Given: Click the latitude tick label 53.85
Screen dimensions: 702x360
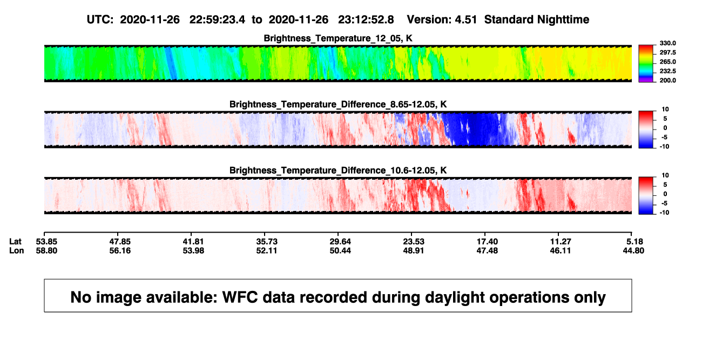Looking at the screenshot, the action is [46, 242].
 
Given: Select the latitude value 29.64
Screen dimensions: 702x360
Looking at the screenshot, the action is [340, 242].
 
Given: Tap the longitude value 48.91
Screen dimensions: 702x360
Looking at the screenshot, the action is [413, 250].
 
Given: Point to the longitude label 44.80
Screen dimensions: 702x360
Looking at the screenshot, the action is [633, 250].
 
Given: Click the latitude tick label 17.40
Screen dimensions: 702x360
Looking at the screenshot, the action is [487, 242].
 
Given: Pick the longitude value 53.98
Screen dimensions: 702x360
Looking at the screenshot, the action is [193, 250].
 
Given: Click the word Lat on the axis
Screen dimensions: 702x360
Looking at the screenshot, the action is [15, 242].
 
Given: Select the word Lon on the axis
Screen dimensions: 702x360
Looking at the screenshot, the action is [16, 250].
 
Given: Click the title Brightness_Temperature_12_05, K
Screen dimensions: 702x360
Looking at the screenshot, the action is [338, 38].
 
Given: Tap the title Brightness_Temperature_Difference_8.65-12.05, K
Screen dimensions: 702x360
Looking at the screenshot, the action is [338, 104].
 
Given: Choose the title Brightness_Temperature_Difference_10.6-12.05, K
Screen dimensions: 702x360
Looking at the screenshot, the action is [338, 171].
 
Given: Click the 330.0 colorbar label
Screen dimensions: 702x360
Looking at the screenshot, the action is [667, 43].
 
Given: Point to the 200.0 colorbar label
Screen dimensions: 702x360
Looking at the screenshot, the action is [667, 80].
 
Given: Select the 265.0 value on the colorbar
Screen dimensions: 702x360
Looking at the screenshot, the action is [667, 62].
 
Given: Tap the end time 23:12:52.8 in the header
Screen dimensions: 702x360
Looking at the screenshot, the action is [366, 20].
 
